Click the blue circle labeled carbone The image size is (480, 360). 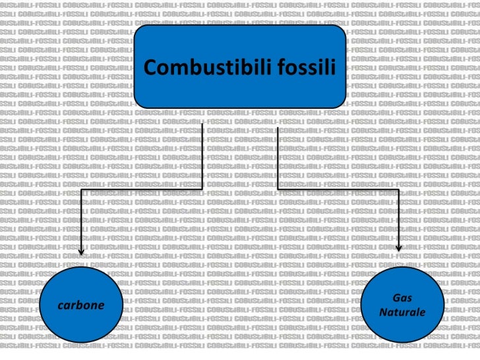pyautogui.click(x=81, y=305)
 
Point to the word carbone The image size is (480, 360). pyautogui.click(x=81, y=305)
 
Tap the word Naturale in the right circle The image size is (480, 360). pyautogui.click(x=402, y=312)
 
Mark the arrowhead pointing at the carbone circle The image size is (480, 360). pyautogui.click(x=82, y=251)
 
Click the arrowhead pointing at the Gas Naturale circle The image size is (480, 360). pyautogui.click(x=398, y=249)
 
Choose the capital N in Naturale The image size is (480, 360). pyautogui.click(x=384, y=312)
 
